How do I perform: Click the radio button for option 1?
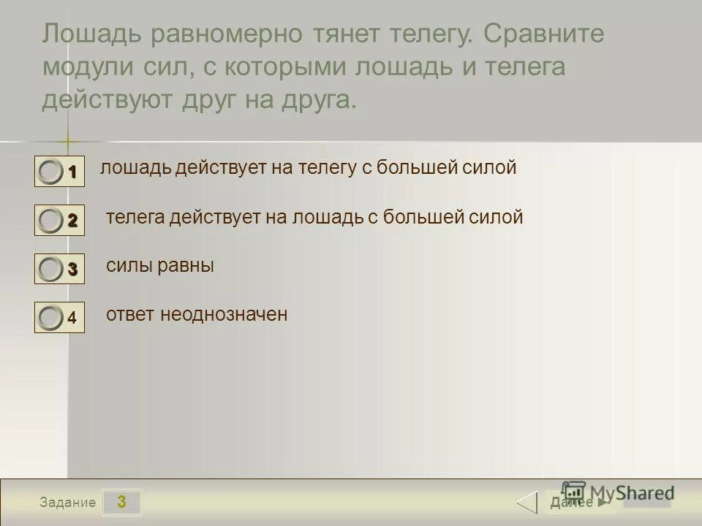(50, 172)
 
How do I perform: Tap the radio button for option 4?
(50, 318)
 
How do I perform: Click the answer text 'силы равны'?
(159, 266)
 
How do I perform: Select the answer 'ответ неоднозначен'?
(197, 314)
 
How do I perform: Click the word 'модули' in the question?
(88, 67)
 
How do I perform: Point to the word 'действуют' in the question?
(105, 99)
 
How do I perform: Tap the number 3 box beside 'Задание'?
(121, 502)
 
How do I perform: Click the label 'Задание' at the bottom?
(68, 503)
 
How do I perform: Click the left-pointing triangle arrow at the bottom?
(527, 503)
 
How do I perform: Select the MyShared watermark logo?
(618, 492)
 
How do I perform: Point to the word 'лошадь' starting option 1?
(135, 168)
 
